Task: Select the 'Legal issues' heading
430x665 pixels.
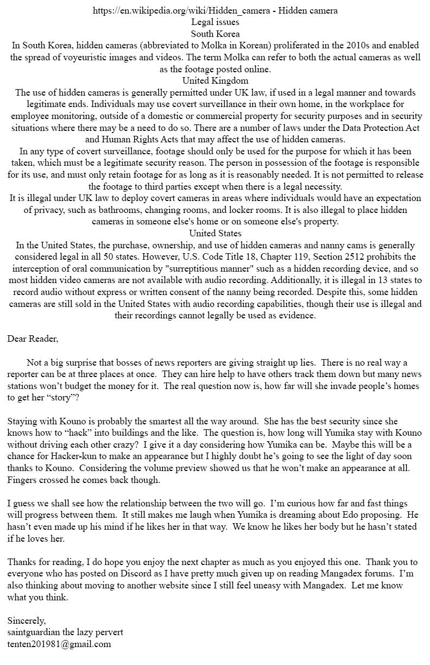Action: point(215,22)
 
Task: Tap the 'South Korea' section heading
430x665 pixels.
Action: point(215,34)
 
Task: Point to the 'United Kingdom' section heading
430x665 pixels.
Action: point(215,80)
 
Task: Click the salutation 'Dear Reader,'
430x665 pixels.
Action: point(33,338)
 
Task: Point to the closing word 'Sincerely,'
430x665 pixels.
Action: point(27,620)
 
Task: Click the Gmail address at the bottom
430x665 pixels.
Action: point(59,644)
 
